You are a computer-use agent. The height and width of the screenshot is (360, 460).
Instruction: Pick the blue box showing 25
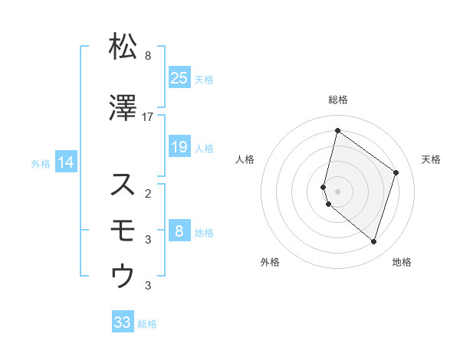coord(179,77)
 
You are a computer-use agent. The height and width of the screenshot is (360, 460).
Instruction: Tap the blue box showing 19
coord(179,147)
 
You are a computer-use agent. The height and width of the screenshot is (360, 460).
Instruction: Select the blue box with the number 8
coord(179,231)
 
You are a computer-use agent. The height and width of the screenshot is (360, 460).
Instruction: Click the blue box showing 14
coord(66,162)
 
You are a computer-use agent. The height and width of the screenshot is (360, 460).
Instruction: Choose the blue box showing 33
coord(123,322)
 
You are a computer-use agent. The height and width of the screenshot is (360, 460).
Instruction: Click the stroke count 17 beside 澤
coord(148,116)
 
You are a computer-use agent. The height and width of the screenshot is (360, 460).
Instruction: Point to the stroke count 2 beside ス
coord(148,192)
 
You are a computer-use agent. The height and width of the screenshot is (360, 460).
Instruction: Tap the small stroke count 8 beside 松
coord(148,56)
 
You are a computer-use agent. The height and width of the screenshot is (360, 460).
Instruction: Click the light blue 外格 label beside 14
coord(41,163)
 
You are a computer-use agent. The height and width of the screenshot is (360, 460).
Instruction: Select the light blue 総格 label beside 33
coord(147,324)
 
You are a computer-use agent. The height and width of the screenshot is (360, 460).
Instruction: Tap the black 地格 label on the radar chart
coord(402,263)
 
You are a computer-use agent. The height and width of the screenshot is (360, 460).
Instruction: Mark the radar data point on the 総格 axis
coord(337,130)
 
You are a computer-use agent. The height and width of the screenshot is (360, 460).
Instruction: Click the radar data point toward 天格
coord(396,172)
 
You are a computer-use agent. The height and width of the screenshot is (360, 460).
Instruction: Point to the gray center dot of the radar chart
coord(337,191)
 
